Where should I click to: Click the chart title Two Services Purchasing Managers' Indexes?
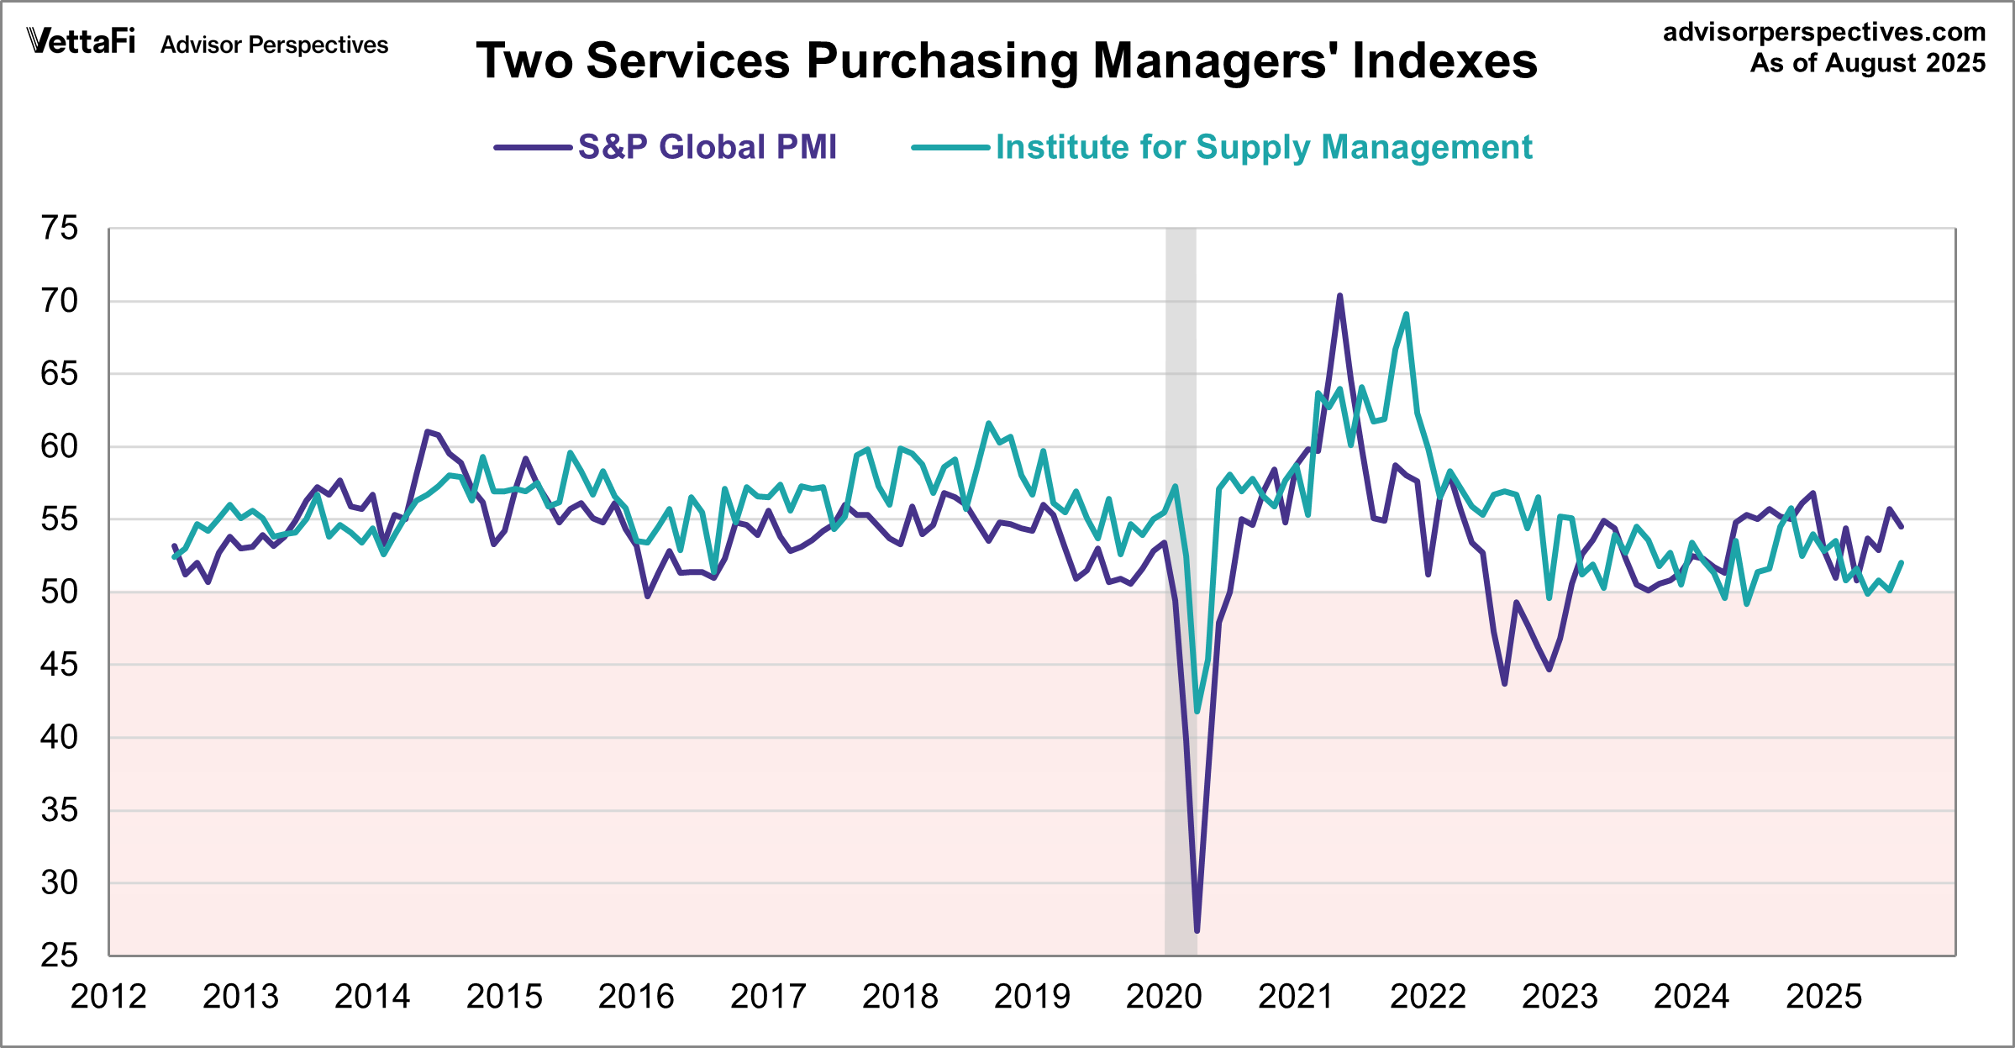coord(1007,61)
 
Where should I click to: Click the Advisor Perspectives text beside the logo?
coord(274,45)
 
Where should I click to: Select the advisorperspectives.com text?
coord(1824,32)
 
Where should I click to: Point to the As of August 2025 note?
coord(1867,63)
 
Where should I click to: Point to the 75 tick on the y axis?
coord(59,228)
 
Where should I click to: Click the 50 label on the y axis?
coord(59,592)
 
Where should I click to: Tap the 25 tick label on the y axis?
coord(59,956)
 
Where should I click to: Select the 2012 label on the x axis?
coord(108,997)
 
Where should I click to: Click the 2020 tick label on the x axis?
coord(1164,997)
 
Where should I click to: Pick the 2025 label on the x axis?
coord(1823,997)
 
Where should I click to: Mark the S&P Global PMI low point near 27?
coord(1197,930)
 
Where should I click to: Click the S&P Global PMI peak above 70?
coord(1339,296)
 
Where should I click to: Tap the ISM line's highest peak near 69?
coord(1407,314)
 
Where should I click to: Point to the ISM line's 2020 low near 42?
coord(1197,712)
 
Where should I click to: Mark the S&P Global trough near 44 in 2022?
coord(1505,684)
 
